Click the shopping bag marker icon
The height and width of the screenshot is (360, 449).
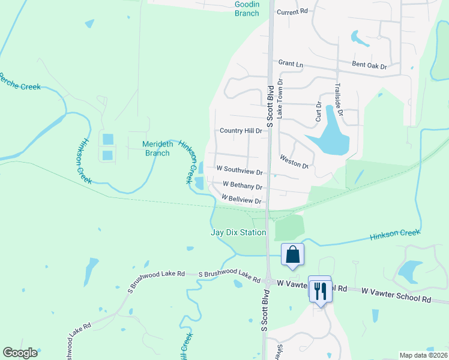[292, 254]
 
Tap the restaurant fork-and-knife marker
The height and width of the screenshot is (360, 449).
[319, 291]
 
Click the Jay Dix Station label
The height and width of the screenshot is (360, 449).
[238, 232]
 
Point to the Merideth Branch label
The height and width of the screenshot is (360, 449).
[158, 148]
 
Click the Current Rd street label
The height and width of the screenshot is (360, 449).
[292, 11]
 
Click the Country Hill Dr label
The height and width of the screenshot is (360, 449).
[241, 131]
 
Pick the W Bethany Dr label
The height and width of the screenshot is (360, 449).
[243, 186]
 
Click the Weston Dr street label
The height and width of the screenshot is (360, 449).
[294, 161]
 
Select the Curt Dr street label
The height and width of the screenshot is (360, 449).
[319, 112]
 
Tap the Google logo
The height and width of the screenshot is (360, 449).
[20, 353]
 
